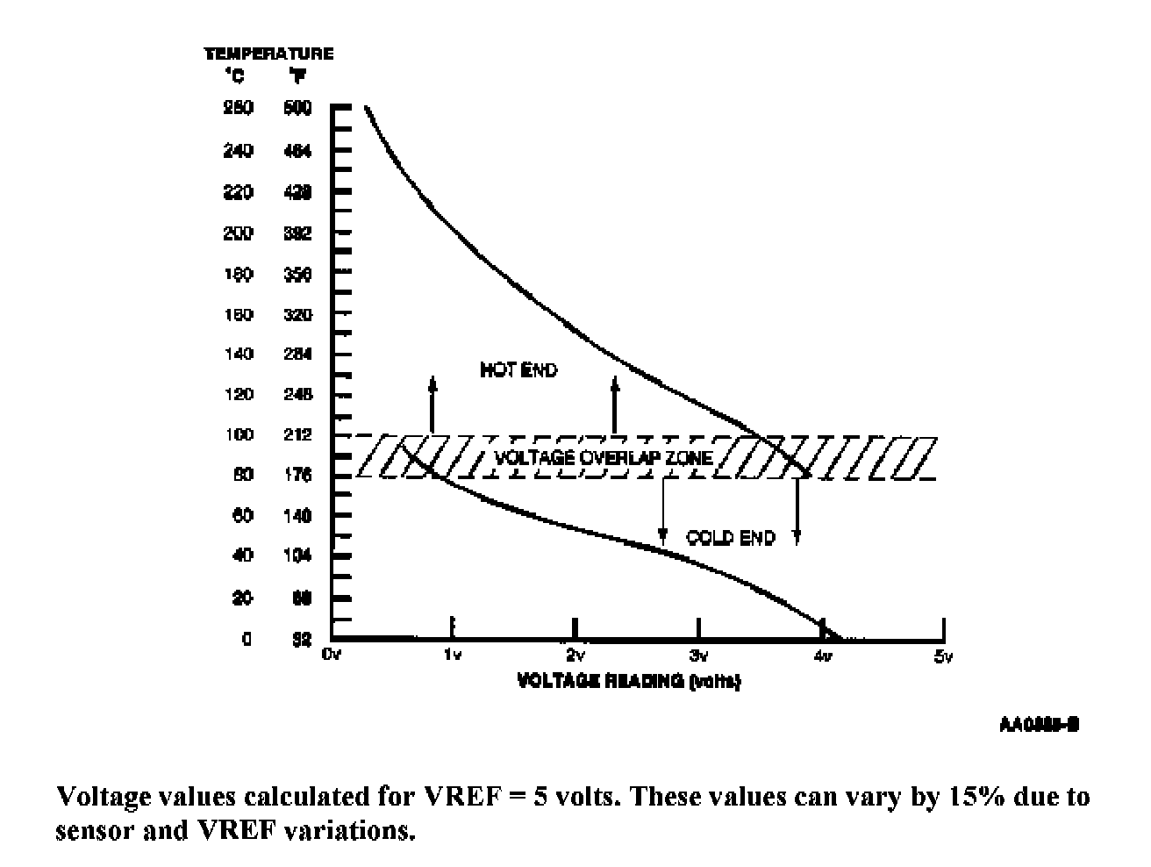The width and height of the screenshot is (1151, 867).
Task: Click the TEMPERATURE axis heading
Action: (x=268, y=54)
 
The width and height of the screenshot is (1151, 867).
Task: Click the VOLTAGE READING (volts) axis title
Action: (x=629, y=681)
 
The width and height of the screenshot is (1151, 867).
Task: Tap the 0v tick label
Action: (x=331, y=656)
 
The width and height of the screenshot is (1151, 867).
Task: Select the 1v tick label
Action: (x=452, y=656)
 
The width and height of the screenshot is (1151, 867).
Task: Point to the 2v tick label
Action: (x=575, y=656)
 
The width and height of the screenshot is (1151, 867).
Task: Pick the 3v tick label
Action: (x=698, y=656)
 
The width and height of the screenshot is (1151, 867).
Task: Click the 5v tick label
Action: (x=943, y=656)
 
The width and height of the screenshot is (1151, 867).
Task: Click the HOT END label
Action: (x=518, y=370)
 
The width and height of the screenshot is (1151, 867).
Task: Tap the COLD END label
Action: (x=731, y=538)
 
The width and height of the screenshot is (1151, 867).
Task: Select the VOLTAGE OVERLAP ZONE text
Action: (x=604, y=457)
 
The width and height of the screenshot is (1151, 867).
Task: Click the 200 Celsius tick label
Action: (x=239, y=233)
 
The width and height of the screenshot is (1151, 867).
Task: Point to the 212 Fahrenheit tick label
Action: (x=297, y=434)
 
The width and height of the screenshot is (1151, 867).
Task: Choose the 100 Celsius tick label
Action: (x=239, y=434)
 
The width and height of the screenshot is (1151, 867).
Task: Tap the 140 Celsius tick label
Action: (x=239, y=354)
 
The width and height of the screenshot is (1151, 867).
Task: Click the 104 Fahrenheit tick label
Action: (x=297, y=555)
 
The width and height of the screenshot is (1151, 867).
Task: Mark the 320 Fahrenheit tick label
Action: (x=297, y=314)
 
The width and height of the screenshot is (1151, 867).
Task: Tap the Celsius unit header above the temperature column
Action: (x=236, y=76)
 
